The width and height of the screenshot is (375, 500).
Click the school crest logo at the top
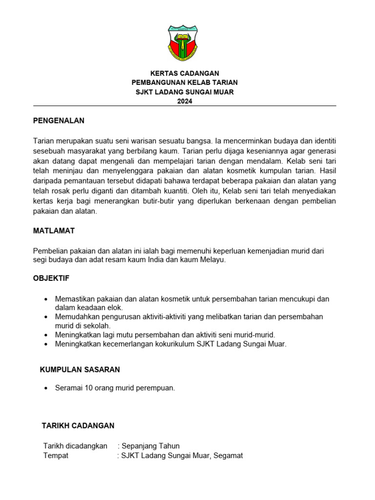184,44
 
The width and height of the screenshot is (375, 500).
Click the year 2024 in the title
185,101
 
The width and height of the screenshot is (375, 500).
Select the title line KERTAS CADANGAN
185,73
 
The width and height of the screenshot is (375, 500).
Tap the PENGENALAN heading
59,121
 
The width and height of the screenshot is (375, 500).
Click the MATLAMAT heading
54,230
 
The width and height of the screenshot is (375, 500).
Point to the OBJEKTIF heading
51,278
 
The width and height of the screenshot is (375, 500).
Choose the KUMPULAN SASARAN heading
80,370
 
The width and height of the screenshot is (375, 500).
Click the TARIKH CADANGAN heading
78,426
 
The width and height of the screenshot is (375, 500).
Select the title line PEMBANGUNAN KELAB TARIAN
185,83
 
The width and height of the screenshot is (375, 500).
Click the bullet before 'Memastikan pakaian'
46,299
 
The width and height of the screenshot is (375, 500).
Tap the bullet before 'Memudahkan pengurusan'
46,317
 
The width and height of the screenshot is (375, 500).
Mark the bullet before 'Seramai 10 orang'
46,388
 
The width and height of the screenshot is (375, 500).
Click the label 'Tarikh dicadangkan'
75,446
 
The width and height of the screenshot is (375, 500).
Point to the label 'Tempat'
56,456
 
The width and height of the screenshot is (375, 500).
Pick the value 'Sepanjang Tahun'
150,446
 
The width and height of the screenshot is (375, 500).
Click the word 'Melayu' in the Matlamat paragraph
213,260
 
